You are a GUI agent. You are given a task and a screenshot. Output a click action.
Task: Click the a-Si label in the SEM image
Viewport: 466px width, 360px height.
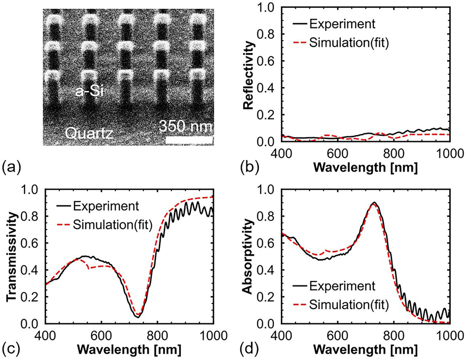click(x=90, y=92)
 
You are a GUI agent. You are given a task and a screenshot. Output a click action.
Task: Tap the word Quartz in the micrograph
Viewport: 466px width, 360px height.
click(x=89, y=133)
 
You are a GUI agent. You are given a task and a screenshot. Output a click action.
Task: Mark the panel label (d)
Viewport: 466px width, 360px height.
click(x=249, y=349)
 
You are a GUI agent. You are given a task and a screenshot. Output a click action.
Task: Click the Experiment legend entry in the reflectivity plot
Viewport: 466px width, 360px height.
click(x=342, y=24)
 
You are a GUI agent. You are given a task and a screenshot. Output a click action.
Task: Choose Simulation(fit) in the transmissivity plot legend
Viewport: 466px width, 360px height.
click(x=112, y=225)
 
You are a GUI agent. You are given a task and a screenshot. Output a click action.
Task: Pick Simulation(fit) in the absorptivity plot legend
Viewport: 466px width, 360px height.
click(x=349, y=305)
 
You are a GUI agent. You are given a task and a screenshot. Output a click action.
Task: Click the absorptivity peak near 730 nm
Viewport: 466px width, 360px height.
click(x=374, y=203)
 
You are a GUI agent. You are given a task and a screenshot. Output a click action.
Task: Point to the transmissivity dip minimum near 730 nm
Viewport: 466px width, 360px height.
click(x=138, y=317)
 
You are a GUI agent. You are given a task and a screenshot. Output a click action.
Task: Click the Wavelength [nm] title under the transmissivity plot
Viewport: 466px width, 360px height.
click(x=129, y=349)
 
